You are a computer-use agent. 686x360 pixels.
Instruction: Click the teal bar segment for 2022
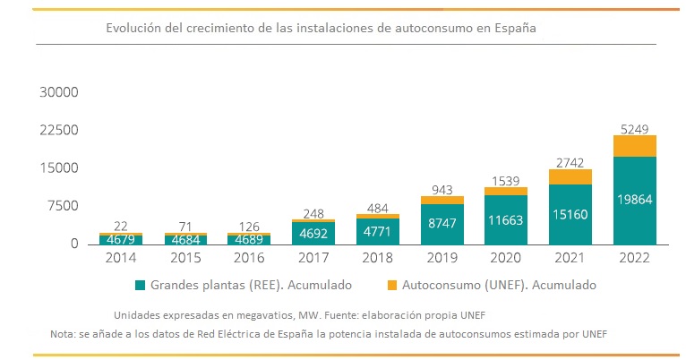[634, 200]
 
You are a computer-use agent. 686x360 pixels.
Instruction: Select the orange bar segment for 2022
[634, 146]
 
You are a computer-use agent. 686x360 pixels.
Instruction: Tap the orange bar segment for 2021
[570, 176]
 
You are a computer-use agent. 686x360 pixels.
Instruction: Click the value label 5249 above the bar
[634, 126]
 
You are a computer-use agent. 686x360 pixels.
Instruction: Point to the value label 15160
[570, 215]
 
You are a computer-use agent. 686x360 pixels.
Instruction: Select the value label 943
[442, 189]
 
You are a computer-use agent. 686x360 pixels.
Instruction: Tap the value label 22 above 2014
[121, 226]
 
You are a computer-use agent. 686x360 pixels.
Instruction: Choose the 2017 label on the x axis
[313, 258]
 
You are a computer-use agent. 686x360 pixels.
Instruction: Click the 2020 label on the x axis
[506, 258]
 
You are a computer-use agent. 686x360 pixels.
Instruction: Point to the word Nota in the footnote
[64, 334]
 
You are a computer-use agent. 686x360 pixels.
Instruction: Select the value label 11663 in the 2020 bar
[506, 219]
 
